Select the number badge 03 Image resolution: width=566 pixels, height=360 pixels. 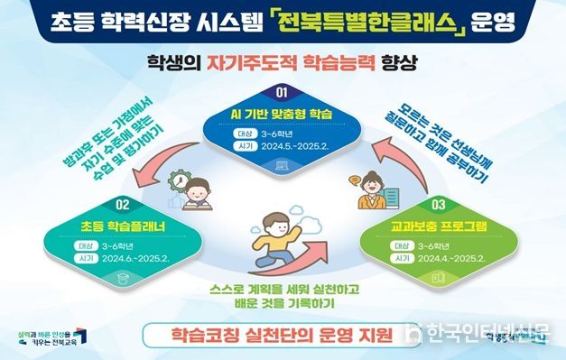(439, 204)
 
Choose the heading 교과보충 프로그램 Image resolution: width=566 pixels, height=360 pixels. (439, 225)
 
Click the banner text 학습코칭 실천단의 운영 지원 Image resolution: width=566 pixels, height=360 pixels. (270, 336)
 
